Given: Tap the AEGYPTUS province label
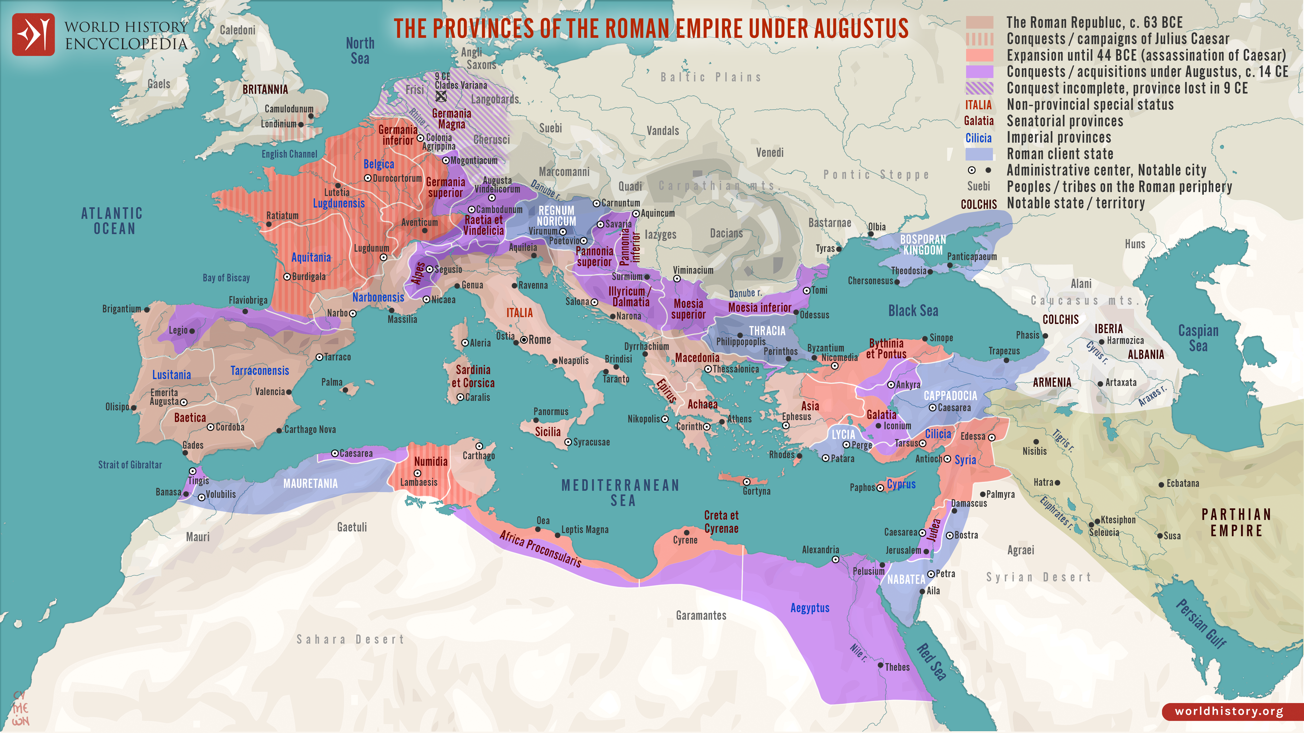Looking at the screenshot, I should [x=810, y=608].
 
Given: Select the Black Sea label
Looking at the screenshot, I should [x=913, y=311].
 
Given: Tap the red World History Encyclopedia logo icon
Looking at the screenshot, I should [x=33, y=34].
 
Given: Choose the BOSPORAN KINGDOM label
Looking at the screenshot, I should [x=923, y=245].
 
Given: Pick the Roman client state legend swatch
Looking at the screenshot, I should [x=979, y=154].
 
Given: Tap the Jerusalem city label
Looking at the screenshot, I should [x=903, y=550].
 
